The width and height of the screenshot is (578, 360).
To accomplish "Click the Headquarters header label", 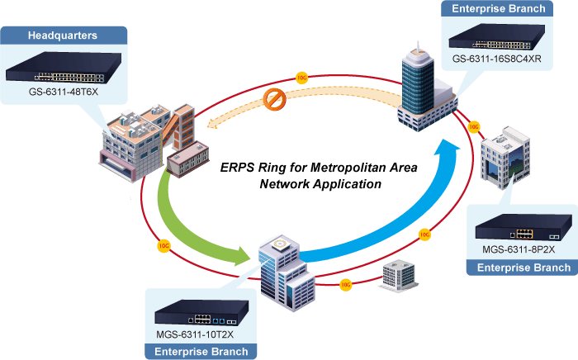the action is point(63,36).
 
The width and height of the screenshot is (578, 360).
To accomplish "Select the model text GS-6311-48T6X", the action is point(64,92).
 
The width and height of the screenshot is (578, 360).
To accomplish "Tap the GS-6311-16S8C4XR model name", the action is point(496,59).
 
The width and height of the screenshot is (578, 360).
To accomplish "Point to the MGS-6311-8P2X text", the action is point(519,249).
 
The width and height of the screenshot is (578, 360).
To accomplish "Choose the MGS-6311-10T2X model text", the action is point(195,334).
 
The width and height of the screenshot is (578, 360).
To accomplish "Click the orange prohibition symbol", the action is point(275,99).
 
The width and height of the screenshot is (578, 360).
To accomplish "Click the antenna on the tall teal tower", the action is point(418,46).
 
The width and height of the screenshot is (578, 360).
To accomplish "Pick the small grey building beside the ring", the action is point(399,276).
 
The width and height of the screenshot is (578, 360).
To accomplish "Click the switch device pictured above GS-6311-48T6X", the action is point(64,67).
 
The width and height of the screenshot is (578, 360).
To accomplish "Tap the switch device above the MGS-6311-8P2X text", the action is point(524,227).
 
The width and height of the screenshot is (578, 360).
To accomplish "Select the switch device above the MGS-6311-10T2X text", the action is point(201,312).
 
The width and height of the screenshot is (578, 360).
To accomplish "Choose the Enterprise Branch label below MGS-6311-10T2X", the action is point(201,352).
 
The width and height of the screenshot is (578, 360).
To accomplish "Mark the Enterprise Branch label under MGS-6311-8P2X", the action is point(524,268).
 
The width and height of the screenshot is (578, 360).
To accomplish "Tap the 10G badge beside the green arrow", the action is point(163,246).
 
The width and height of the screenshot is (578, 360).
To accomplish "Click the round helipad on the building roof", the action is point(279,244).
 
